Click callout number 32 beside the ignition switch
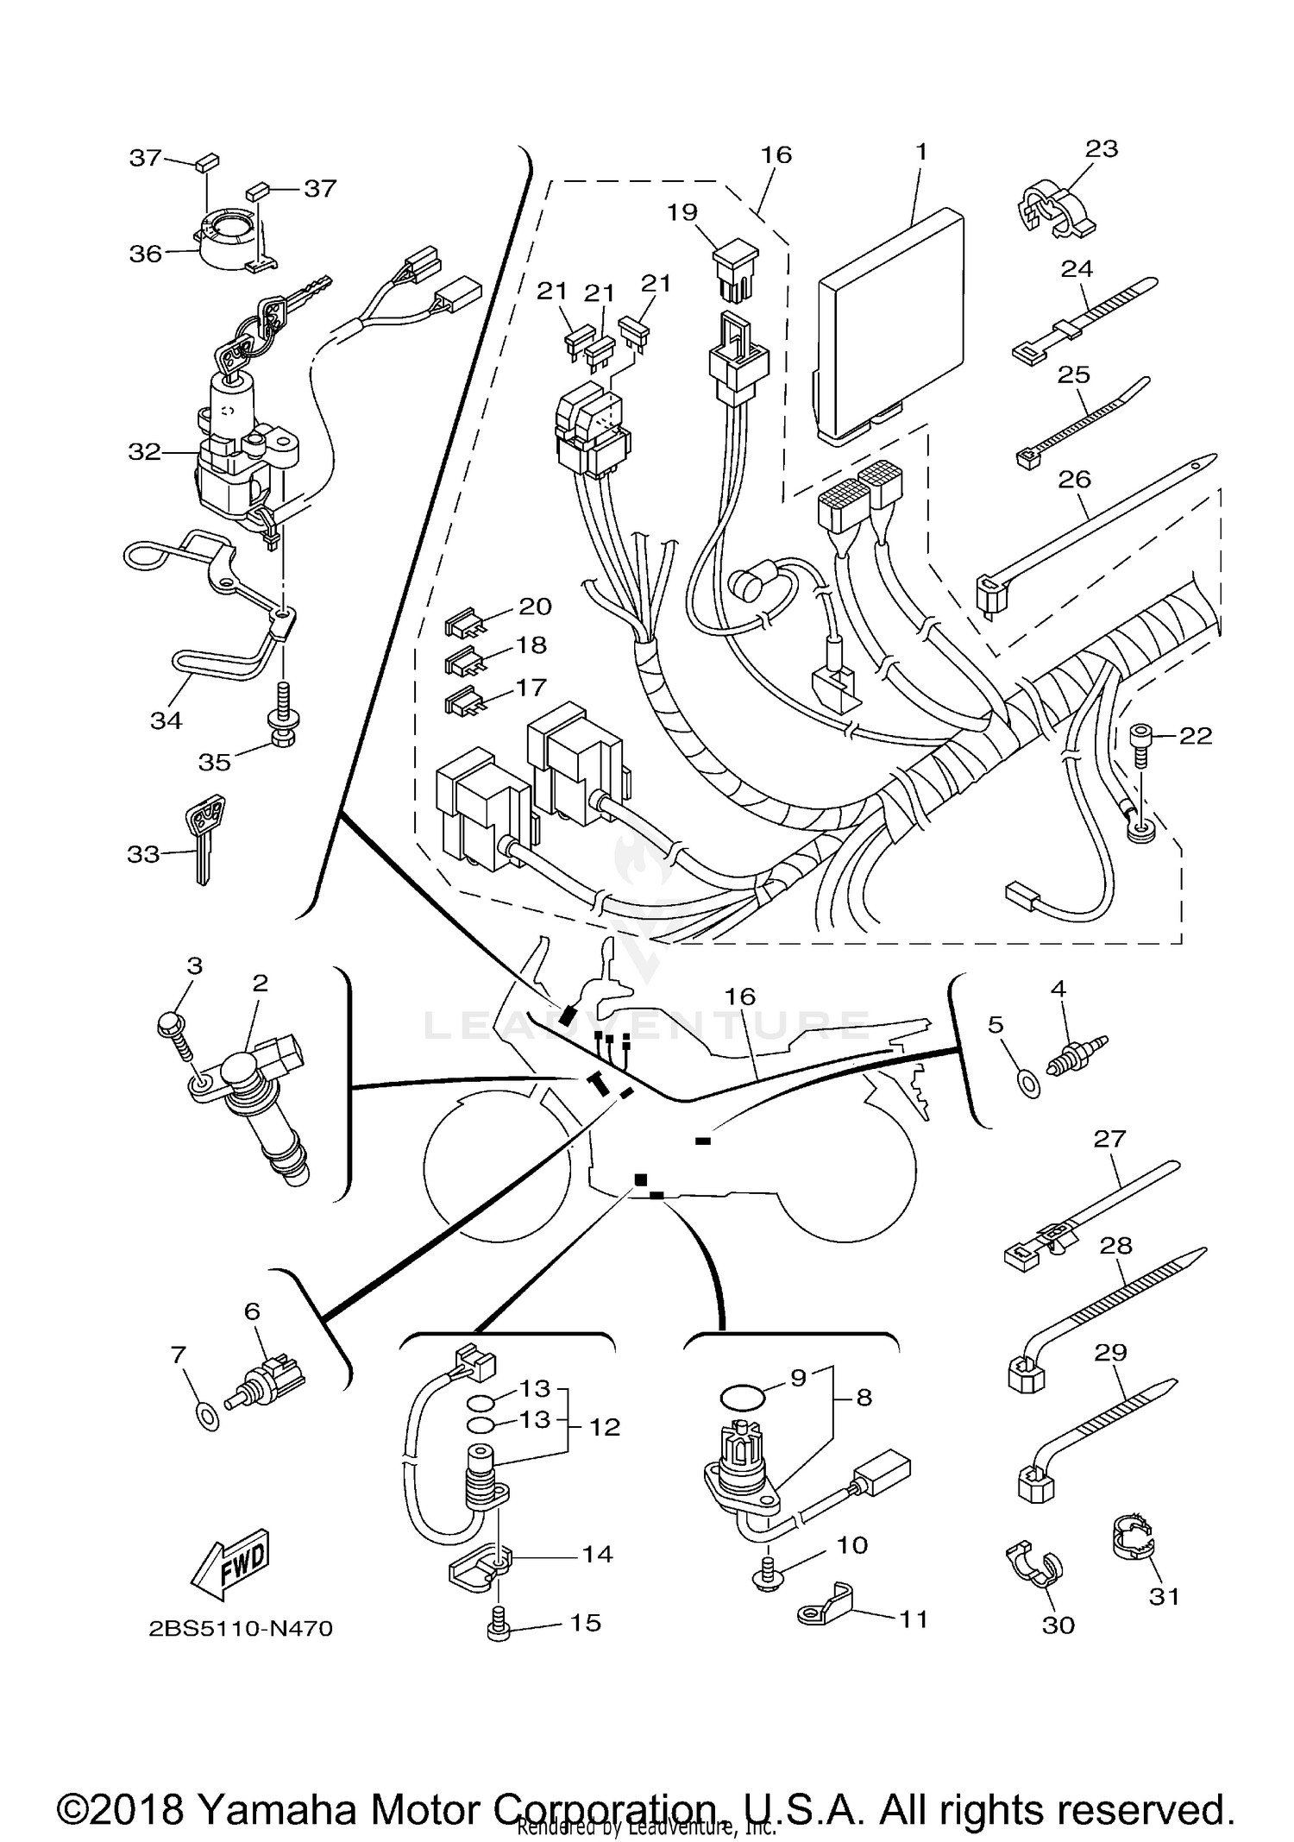click(x=144, y=451)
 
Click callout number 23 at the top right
click(x=1102, y=149)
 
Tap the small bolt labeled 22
click(x=1140, y=741)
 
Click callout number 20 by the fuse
click(x=535, y=607)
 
